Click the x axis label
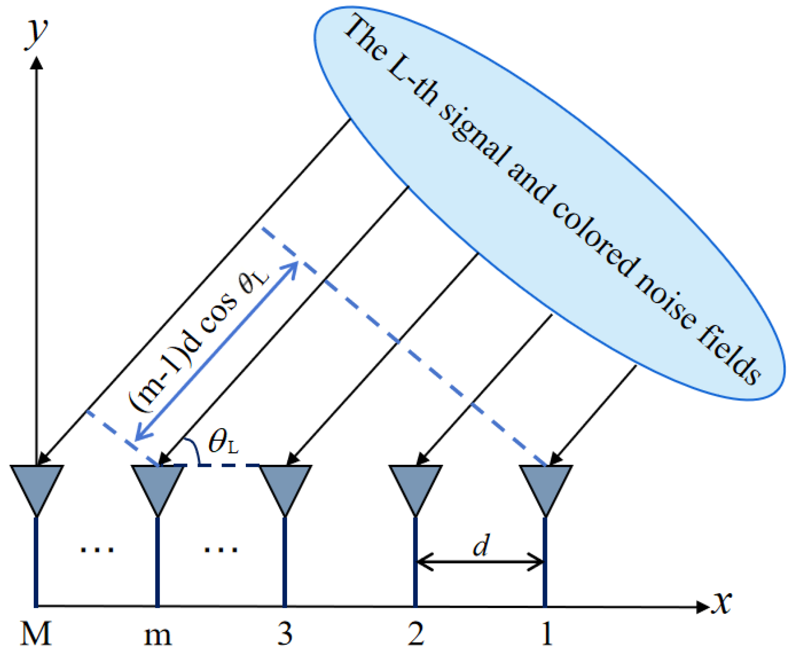[722, 602]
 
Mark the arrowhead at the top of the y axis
[37, 62]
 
